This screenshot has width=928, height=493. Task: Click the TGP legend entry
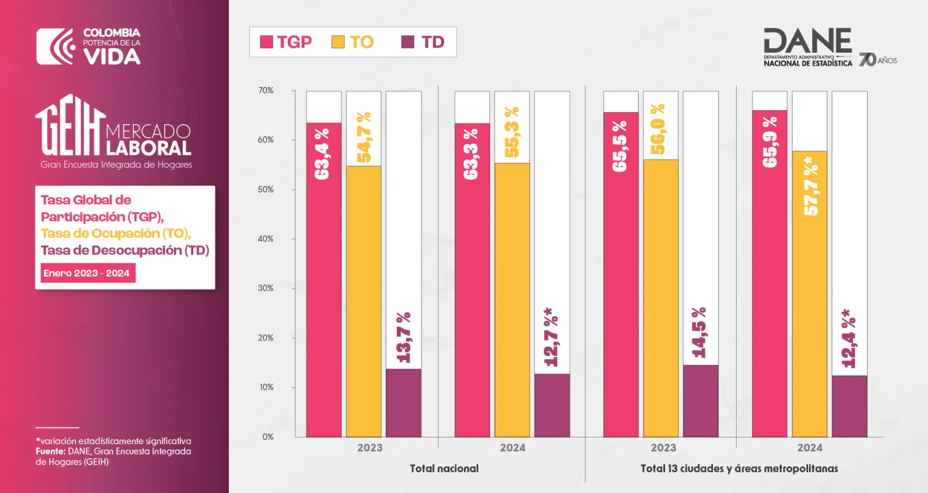[285, 42]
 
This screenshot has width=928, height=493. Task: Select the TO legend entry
[353, 42]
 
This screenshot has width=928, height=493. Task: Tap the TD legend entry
[423, 42]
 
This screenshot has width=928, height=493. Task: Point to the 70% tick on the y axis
[266, 90]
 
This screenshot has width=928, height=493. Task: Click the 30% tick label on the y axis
[266, 288]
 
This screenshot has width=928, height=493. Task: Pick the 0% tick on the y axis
[267, 437]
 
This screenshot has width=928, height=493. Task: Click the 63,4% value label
[322, 154]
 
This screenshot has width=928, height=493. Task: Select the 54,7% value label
[363, 137]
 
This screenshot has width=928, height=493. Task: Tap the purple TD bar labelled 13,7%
[404, 403]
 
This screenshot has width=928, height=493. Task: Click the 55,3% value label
[512, 132]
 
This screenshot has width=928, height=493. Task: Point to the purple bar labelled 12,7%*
[552, 405]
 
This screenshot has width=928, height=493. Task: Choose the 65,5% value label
[620, 146]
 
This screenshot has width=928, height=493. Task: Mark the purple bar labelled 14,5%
[701, 401]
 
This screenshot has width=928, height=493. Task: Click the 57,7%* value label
[811, 186]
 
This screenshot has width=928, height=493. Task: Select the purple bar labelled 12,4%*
[849, 406]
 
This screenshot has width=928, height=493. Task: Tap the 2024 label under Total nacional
[513, 448]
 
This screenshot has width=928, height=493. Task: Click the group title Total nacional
[444, 469]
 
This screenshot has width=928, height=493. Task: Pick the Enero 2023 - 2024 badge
[88, 273]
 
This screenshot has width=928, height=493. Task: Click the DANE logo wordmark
[808, 47]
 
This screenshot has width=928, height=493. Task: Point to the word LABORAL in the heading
[148, 148]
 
